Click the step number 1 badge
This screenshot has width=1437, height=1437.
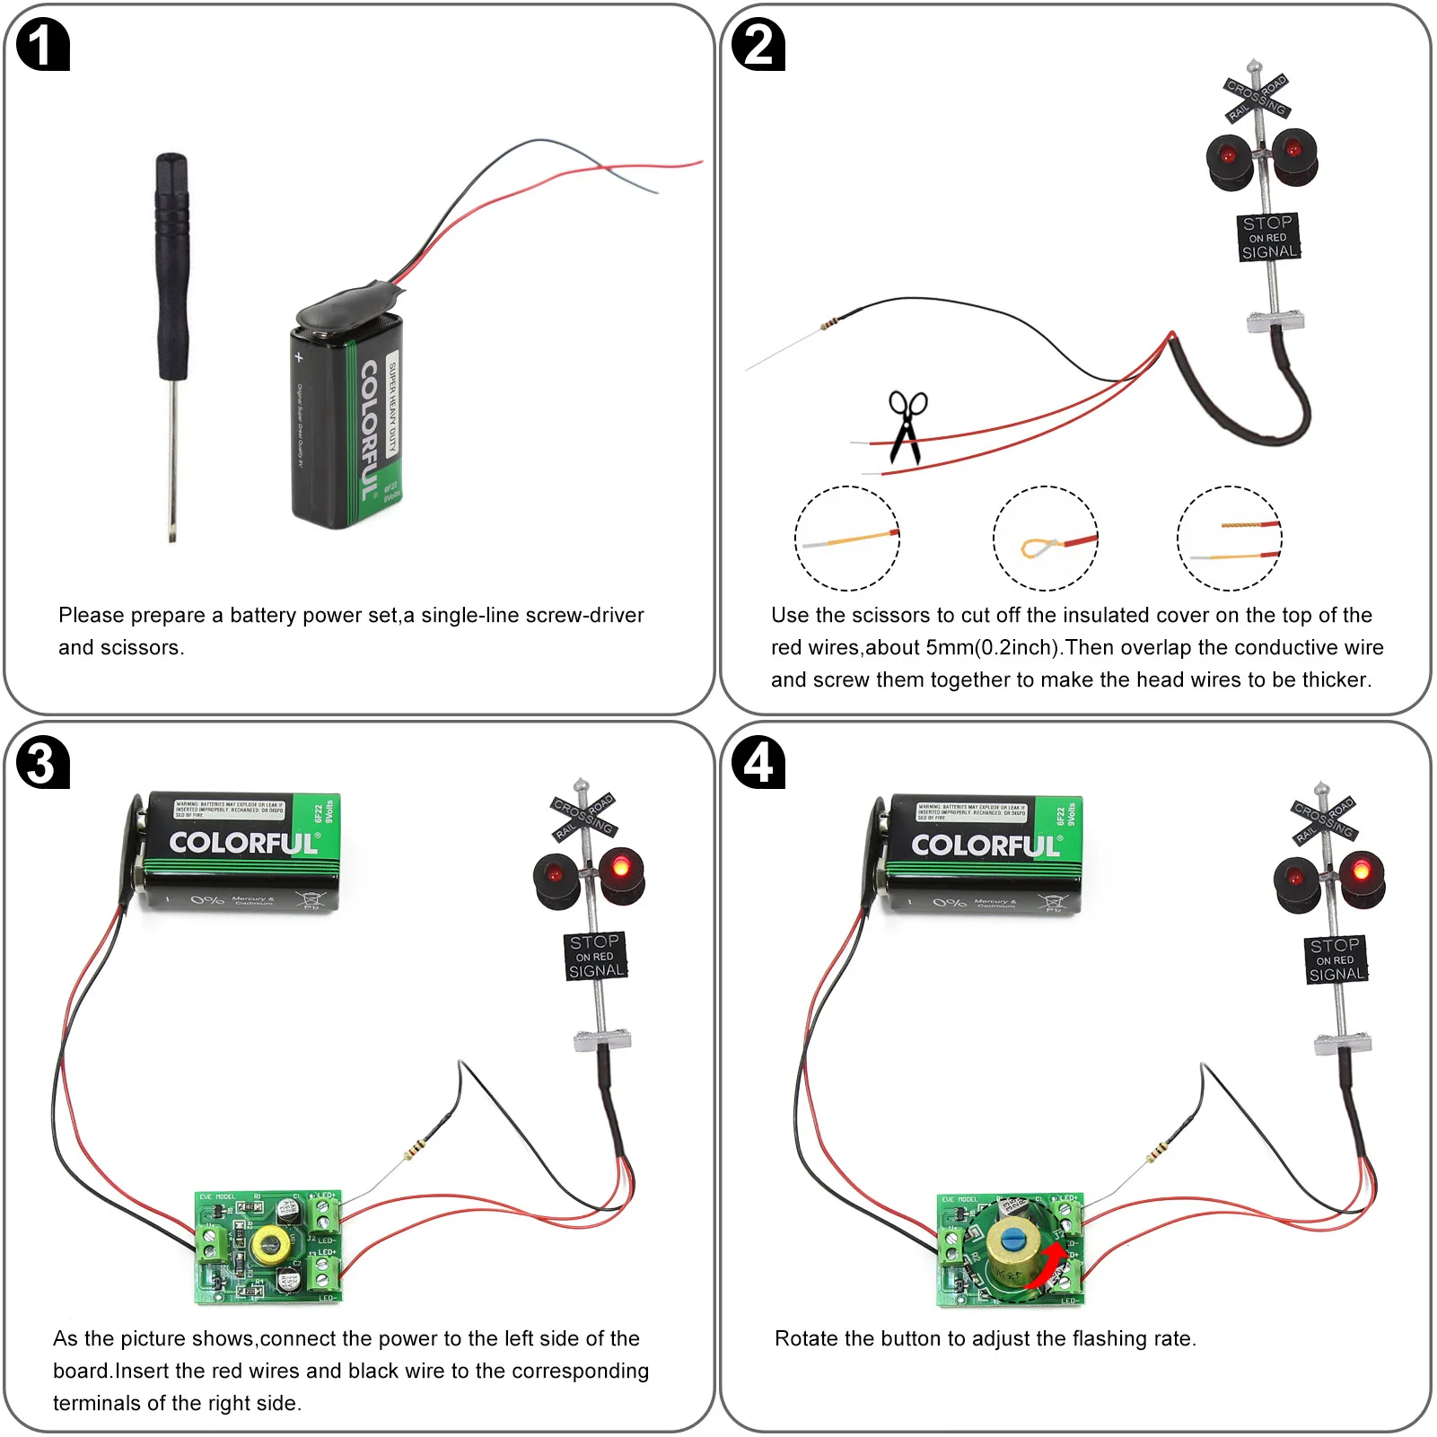[x=42, y=46]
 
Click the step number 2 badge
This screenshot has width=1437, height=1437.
[x=758, y=46]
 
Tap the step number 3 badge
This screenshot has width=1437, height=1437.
[x=42, y=764]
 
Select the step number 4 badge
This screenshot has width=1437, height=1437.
[x=758, y=764]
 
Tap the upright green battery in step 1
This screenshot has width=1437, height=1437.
[x=346, y=417]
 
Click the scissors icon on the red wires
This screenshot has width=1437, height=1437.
[x=907, y=427]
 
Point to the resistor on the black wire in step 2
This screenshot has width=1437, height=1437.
[x=830, y=324]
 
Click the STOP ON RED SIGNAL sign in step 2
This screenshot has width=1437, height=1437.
[x=1267, y=237]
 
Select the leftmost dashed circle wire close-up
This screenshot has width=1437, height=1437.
[x=846, y=539]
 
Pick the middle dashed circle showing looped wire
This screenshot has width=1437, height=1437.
[x=1046, y=539]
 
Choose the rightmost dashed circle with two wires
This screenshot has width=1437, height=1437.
[x=1230, y=539]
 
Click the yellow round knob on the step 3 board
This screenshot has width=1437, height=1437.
[x=267, y=1245]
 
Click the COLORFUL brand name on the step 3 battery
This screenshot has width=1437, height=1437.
[x=243, y=843]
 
